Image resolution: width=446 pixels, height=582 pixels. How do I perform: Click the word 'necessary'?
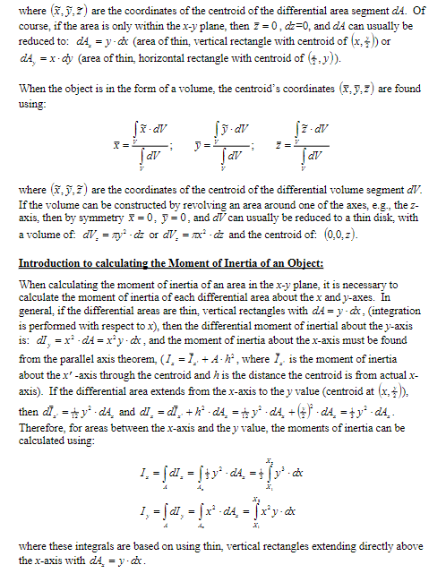coord(380,283)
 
